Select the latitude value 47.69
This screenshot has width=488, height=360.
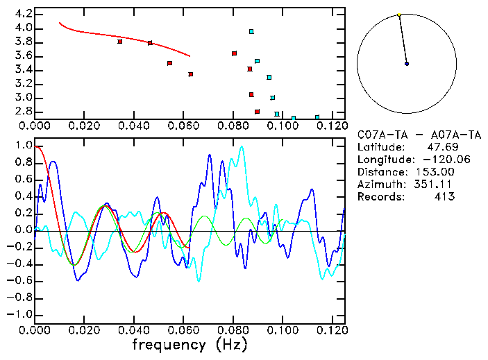[440, 147]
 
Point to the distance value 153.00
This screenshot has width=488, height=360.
[435, 172]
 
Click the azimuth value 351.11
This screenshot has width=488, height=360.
[435, 185]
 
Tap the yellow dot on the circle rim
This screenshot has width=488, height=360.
[399, 15]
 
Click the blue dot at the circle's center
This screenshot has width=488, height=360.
[407, 64]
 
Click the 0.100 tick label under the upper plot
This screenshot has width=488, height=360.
[283, 126]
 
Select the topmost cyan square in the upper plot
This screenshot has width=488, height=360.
[251, 31]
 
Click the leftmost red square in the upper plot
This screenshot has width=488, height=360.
[120, 42]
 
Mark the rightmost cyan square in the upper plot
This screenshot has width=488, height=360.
[317, 117]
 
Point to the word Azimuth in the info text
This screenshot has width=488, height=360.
[379, 185]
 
